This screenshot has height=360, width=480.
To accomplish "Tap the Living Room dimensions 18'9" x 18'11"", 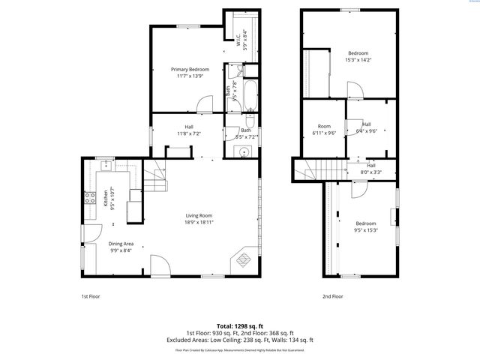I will (200, 222).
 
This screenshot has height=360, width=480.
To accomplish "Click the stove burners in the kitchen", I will (88, 199).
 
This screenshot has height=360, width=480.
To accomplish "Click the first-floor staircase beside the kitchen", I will (154, 178).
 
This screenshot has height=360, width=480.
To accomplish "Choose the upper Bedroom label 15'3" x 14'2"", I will (358, 57).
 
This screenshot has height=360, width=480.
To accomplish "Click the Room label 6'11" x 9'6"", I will (324, 130).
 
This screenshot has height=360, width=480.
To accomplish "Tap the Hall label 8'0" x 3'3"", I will (370, 169).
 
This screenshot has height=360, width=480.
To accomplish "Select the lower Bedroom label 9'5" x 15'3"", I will (365, 227).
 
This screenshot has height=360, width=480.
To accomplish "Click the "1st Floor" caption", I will (91, 296).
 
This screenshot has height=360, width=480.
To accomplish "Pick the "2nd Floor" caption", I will (333, 296).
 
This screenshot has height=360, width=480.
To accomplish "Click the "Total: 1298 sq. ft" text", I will (239, 326).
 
